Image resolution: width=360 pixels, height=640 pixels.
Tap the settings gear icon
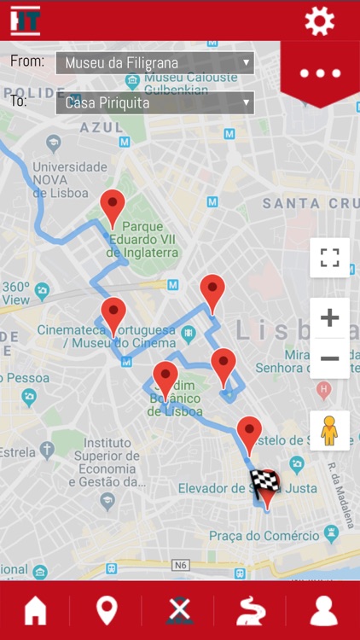320,20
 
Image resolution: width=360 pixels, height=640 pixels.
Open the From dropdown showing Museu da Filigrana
154,62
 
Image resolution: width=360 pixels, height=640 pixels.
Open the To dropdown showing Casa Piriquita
154,102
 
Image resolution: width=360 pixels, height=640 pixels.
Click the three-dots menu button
320,73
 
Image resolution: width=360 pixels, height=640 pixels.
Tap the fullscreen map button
329,258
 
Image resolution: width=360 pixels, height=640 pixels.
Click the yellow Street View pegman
329,430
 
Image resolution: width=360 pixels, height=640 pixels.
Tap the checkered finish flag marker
264,486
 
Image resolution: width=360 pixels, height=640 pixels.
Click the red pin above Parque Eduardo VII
113,207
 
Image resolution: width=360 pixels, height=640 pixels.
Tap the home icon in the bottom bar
36,610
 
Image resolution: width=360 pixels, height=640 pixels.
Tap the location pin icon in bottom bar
107,610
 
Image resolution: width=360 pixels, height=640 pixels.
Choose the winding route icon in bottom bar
251,610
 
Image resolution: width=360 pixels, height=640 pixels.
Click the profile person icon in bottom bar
323,610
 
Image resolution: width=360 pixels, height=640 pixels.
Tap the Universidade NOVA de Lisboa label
58,180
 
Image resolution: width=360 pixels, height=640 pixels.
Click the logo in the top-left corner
25,20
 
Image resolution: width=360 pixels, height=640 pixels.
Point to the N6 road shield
180,565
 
